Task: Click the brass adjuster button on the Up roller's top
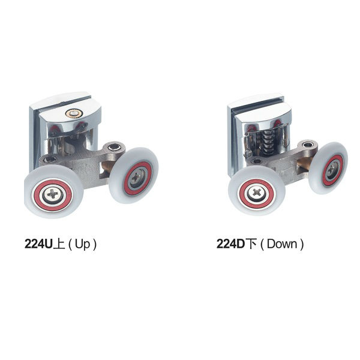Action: click(x=73, y=113)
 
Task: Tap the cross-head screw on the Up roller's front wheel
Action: click(x=53, y=194)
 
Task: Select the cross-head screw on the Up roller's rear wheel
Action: click(x=136, y=177)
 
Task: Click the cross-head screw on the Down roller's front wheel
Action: click(x=257, y=193)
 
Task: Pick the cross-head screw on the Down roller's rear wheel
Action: click(x=332, y=169)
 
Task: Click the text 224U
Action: click(x=38, y=244)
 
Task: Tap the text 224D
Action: click(x=231, y=244)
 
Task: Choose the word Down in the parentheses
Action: click(x=282, y=244)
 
